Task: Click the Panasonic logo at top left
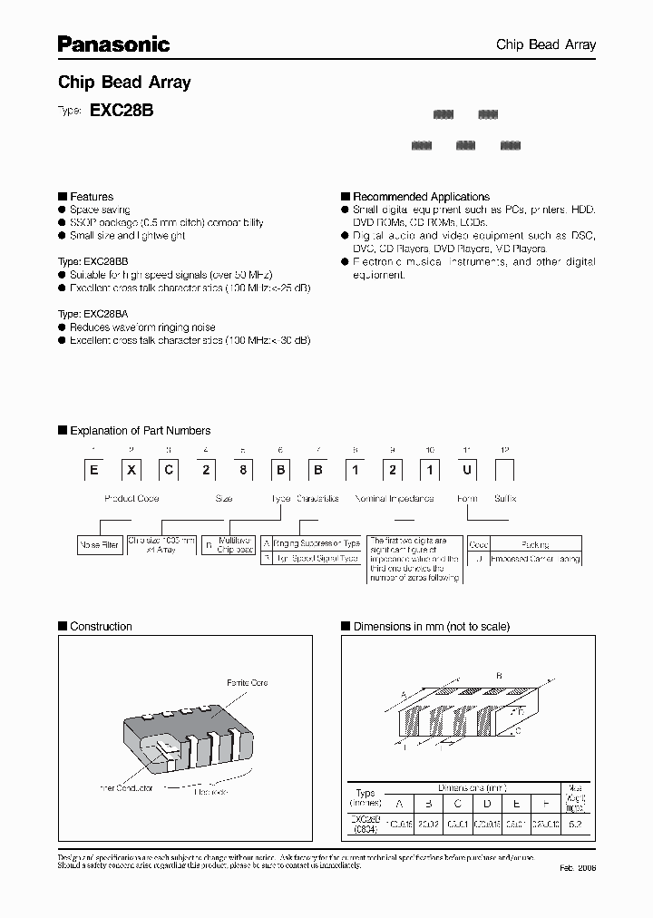(x=113, y=43)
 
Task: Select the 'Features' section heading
(x=92, y=196)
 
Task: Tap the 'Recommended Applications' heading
(x=421, y=196)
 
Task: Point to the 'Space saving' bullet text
(x=100, y=210)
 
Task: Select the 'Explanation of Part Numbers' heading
(x=140, y=431)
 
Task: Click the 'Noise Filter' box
(x=100, y=545)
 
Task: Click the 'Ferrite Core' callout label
(x=247, y=682)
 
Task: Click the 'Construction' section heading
(x=101, y=626)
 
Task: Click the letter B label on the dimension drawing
(x=499, y=676)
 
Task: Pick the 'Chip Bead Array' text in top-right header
(x=545, y=44)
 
